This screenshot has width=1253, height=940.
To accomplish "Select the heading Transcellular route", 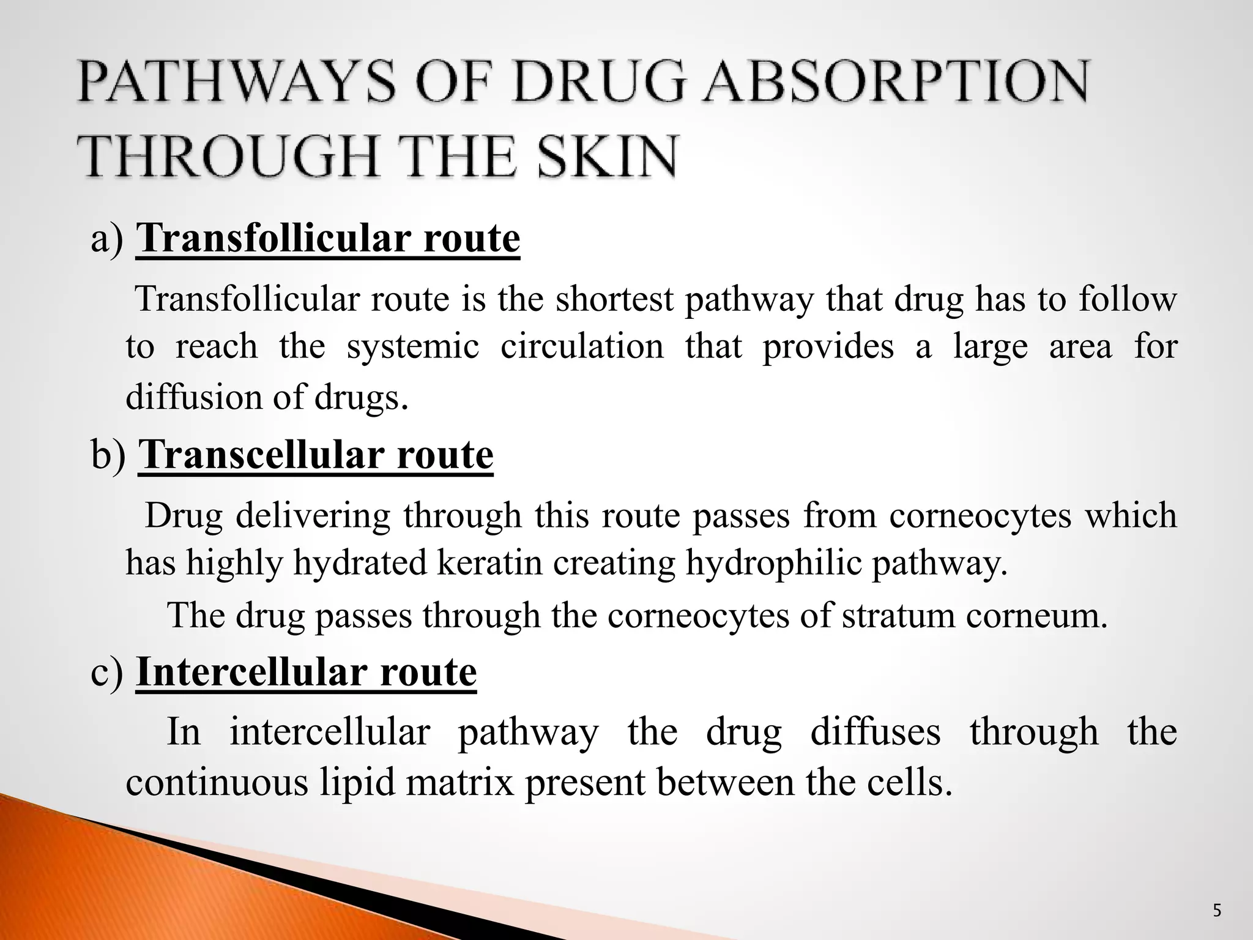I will click(x=316, y=455).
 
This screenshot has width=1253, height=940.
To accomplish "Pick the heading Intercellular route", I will click(x=306, y=672).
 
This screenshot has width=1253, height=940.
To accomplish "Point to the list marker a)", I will click(x=107, y=240).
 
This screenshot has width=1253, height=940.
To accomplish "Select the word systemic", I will click(x=412, y=346).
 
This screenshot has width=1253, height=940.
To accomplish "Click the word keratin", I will click(x=489, y=562).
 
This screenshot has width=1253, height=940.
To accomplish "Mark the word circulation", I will click(x=582, y=346).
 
